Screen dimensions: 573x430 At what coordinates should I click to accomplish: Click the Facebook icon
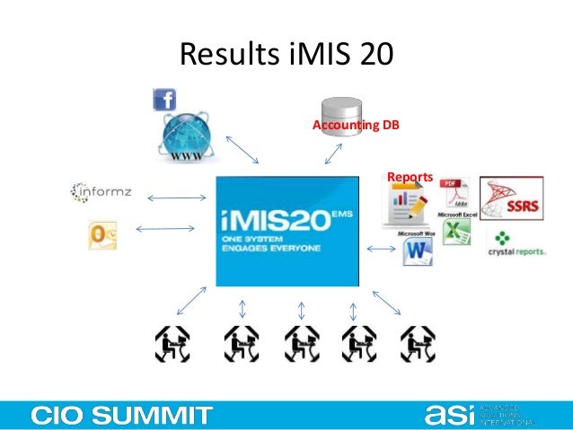coord(164,99)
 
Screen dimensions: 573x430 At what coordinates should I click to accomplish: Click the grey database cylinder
coord(342,110)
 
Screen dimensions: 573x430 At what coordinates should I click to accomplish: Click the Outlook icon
coord(101,235)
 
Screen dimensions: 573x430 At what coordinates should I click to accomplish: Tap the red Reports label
coord(410,177)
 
